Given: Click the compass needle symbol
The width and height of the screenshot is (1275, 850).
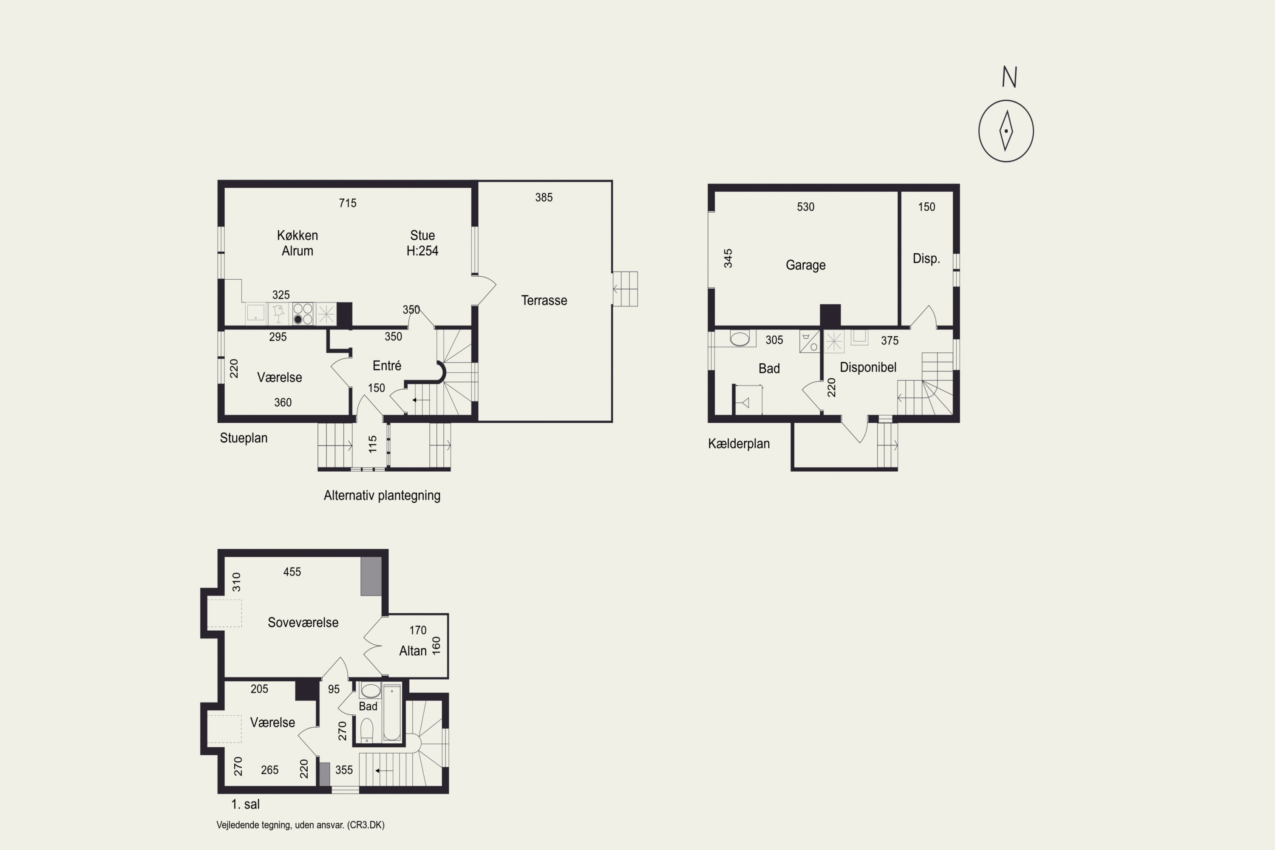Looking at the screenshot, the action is [1006, 130].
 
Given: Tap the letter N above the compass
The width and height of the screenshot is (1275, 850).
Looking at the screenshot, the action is [1009, 77].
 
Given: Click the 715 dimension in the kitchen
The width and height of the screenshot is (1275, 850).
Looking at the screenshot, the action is [348, 203].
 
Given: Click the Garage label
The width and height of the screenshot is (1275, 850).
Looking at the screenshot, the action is [805, 265].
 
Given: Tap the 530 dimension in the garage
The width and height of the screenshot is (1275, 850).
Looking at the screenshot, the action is [805, 207].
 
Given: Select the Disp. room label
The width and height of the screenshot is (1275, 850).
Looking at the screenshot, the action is [926, 258].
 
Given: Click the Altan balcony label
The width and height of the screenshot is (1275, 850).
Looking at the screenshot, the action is [413, 651].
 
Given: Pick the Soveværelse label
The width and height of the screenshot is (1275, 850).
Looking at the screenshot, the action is [303, 622].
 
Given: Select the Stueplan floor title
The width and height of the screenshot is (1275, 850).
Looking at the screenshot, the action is [244, 438].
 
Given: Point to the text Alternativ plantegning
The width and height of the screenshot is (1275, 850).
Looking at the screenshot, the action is [382, 496].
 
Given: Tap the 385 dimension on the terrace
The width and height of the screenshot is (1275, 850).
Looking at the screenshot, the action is [544, 197].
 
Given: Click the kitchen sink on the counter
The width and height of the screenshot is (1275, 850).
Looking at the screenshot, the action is [255, 313].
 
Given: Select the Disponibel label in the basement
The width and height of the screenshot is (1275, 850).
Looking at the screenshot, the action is [868, 368].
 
